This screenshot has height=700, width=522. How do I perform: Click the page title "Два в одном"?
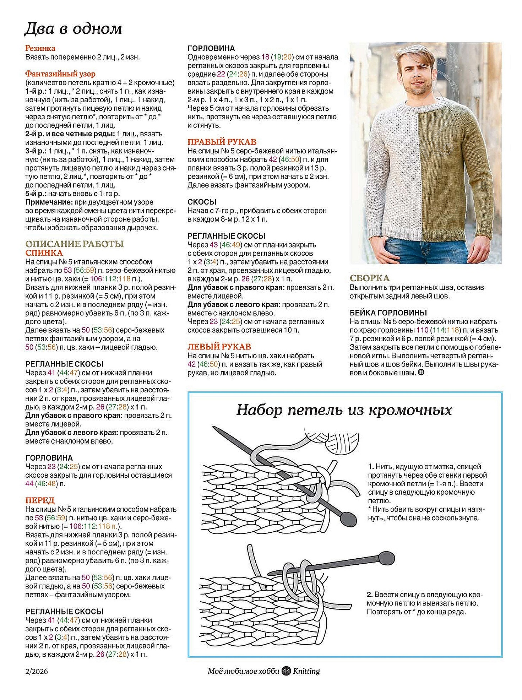tap(73, 29)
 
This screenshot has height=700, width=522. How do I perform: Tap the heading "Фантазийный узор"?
tap(60, 74)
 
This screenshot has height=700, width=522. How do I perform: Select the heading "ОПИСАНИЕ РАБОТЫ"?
tap(75, 244)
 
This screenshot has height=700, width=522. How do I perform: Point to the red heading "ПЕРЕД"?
tap(40, 500)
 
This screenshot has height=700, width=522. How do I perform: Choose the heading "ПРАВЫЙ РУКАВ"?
tap(222, 142)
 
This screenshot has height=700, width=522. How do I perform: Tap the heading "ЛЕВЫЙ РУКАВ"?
tap(219, 347)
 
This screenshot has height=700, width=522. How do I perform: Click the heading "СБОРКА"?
tap(369, 278)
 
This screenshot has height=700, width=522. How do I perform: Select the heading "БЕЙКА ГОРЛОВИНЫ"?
tap(388, 313)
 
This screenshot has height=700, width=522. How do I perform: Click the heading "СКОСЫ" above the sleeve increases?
tap(202, 202)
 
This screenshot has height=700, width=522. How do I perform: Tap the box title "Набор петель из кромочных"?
tap(344, 410)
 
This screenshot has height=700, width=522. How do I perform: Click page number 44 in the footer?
tap(286, 671)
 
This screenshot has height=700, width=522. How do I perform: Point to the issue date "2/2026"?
tap(37, 671)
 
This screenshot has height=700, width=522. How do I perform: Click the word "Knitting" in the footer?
tap(306, 671)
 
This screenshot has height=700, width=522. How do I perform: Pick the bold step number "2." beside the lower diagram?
tap(370, 595)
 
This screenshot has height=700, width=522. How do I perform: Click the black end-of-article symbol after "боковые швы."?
tap(421, 373)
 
